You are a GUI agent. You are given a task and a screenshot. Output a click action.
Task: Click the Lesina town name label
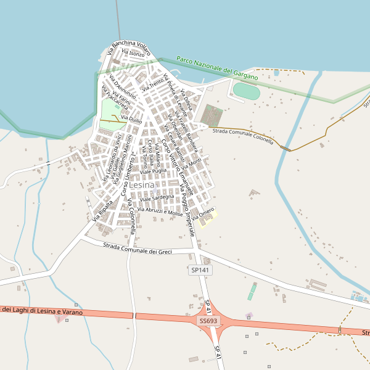tap(142, 184)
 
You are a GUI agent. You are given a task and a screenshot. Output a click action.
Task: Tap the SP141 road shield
tap(200, 270)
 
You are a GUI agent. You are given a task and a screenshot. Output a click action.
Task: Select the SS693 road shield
tap(208, 321)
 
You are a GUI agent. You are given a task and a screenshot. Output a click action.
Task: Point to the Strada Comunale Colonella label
tap(242, 136)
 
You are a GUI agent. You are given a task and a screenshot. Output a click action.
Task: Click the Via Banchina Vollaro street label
tap(129, 47)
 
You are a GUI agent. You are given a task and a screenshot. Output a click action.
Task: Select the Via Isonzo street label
tap(133, 54)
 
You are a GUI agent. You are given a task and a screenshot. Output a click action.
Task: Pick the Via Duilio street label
tap(131, 119)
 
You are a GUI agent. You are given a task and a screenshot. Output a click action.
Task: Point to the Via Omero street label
tap(203, 214)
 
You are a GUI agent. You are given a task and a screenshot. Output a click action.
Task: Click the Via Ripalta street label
tap(102, 210)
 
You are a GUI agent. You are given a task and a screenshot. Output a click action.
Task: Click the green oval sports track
tap(247, 91)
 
